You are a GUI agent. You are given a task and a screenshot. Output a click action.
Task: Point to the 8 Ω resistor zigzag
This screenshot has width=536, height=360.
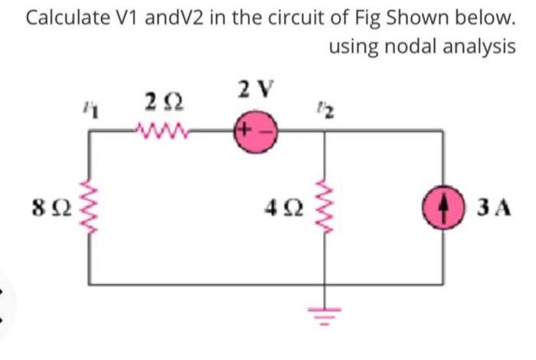pyautogui.click(x=94, y=206)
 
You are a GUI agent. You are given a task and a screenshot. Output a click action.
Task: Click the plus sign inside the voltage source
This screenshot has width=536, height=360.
pyautogui.click(x=250, y=131)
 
